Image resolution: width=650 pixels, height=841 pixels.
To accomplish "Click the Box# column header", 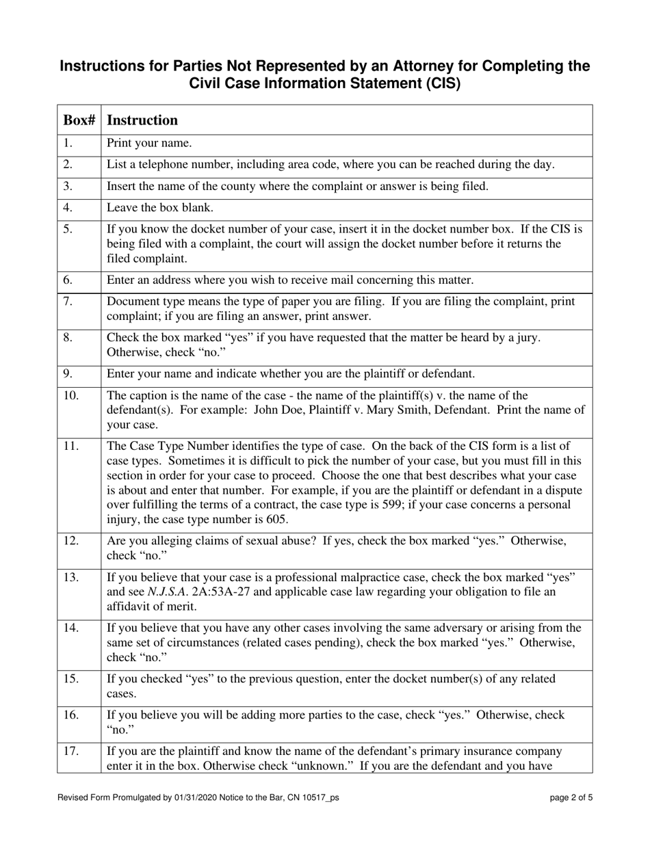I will tap(79, 120).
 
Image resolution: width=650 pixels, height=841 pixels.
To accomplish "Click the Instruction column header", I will tap(142, 120).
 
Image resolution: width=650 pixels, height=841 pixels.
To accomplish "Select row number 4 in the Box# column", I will tap(68, 207).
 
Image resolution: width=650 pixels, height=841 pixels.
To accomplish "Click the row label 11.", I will tap(71, 446).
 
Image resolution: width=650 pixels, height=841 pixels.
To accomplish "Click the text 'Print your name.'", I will tap(149, 144).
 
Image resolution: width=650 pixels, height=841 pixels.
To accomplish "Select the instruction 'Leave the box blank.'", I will tap(157, 207).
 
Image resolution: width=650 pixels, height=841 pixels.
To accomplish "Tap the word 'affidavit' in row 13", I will tap(130, 605).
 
